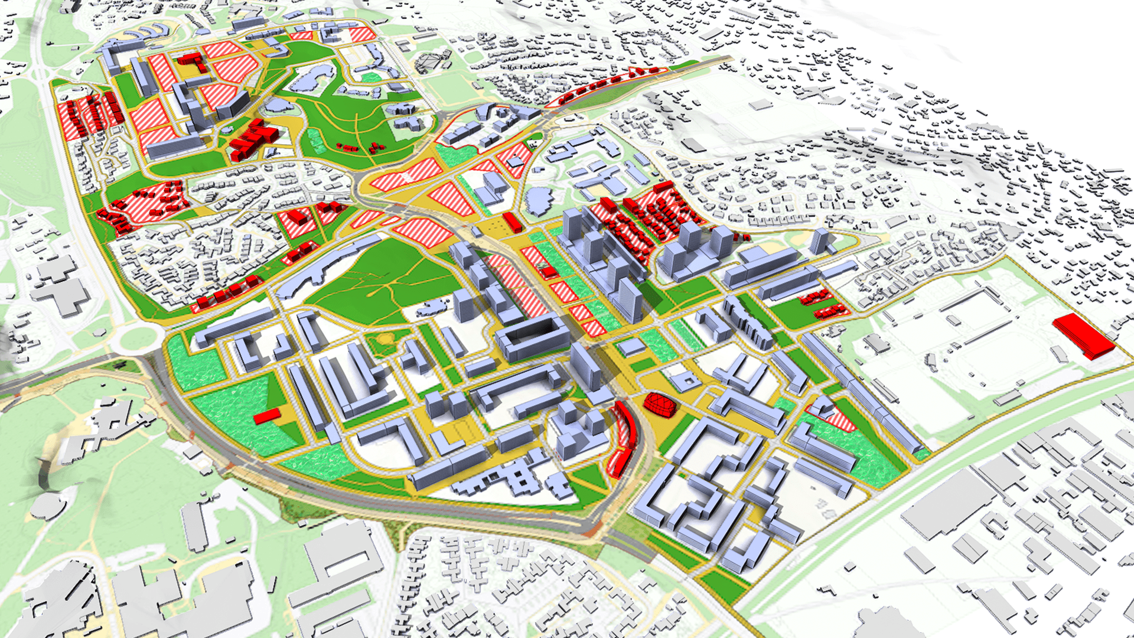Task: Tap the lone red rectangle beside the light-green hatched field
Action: tap(267, 416)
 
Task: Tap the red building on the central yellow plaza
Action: tap(512, 223)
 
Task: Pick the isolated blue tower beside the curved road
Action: tap(820, 240)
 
